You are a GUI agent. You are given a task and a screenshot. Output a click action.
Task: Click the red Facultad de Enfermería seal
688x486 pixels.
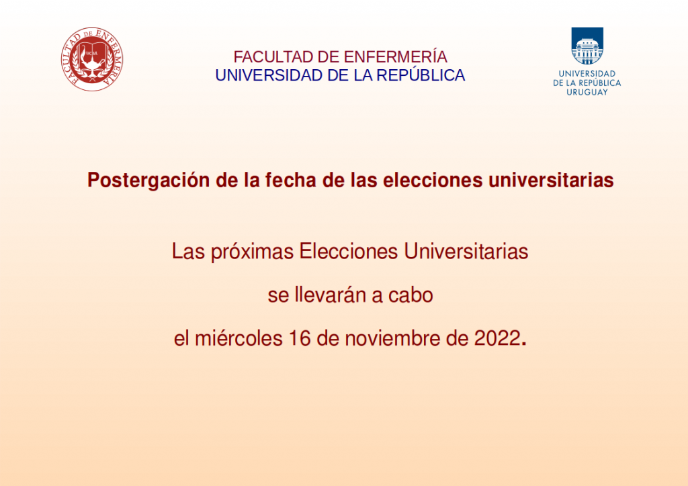[x=92, y=59]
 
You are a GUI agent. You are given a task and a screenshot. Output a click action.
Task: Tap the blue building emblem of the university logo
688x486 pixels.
[x=587, y=46]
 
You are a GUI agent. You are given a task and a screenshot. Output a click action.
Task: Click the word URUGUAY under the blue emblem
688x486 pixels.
[x=587, y=92]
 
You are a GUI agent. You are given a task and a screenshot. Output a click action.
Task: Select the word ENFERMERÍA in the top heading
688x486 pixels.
[x=395, y=56]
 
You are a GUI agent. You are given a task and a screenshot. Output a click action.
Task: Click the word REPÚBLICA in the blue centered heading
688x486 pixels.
[x=421, y=75]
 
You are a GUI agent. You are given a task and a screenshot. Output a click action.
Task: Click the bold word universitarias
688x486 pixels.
[x=551, y=180]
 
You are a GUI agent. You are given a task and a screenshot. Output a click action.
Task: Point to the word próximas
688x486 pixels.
[x=252, y=252]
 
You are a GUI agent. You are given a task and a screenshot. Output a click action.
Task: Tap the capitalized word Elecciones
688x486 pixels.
[x=349, y=252]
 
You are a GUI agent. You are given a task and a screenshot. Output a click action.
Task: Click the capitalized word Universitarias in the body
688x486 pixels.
[x=466, y=252]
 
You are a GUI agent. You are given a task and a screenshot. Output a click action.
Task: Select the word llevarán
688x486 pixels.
[x=330, y=295]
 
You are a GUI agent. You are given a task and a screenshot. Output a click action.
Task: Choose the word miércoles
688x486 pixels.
[x=239, y=338]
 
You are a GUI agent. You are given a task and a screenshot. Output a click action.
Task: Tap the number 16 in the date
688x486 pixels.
[x=299, y=338]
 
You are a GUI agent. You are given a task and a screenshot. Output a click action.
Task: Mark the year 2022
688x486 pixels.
[x=497, y=338]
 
